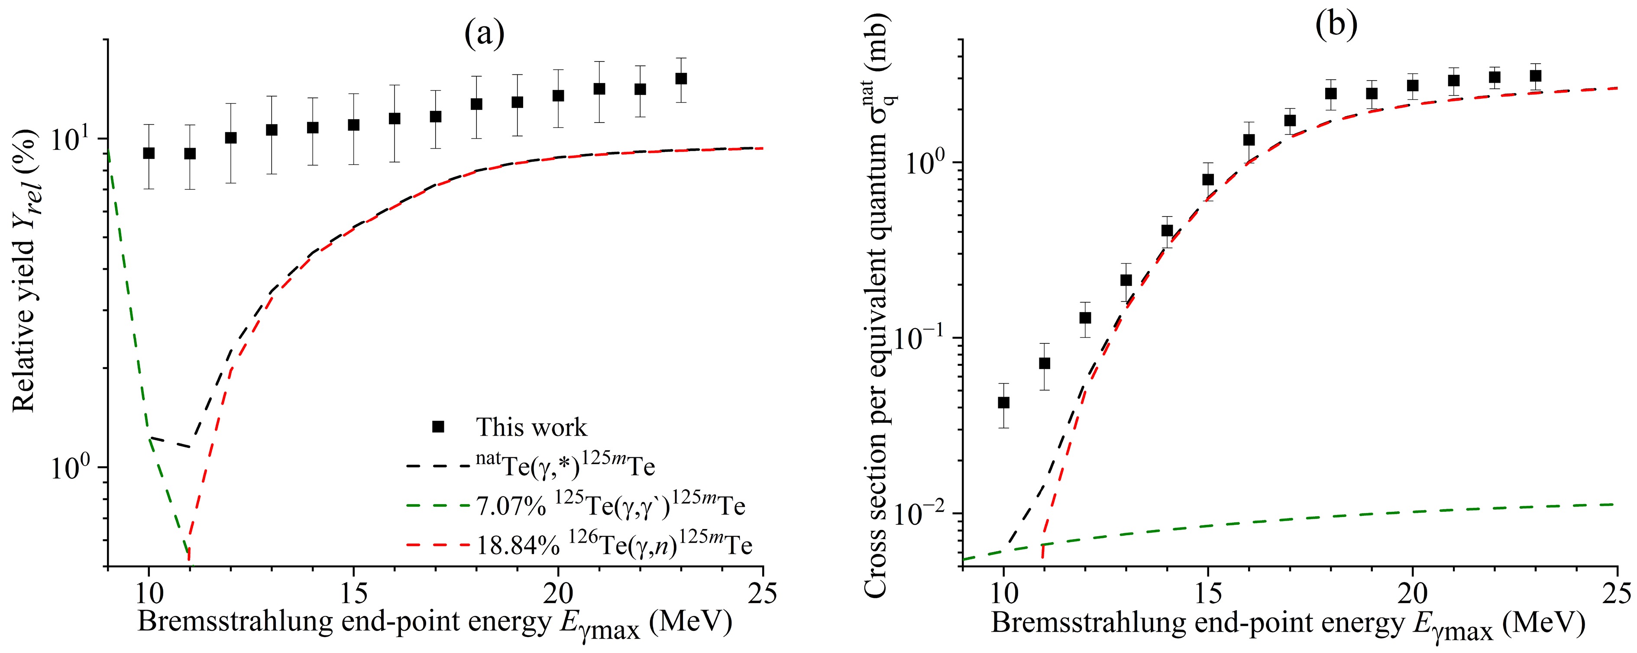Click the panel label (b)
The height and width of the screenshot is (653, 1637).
1336,26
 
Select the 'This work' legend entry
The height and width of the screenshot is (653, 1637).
531,427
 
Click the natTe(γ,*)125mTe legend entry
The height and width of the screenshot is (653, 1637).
565,467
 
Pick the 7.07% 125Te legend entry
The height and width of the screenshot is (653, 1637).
610,506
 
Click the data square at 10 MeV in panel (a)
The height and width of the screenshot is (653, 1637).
149,153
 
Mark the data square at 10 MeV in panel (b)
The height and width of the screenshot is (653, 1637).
1003,402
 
